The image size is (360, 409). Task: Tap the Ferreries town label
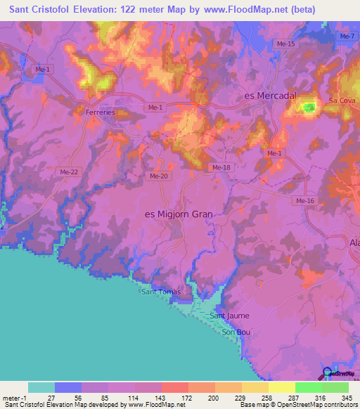tap(96, 112)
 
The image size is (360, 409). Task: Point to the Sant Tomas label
tap(161, 292)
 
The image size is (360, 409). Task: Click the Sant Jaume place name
tap(230, 316)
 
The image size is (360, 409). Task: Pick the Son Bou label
tap(236, 332)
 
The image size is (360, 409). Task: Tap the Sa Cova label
tap(340, 101)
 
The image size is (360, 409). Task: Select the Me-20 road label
tap(158, 176)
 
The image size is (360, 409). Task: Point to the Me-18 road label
tap(221, 167)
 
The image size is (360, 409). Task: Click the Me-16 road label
tap(304, 201)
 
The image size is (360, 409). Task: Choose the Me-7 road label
tap(345, 37)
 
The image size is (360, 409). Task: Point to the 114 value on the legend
tap(134, 398)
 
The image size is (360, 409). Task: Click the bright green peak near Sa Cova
tap(308, 108)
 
